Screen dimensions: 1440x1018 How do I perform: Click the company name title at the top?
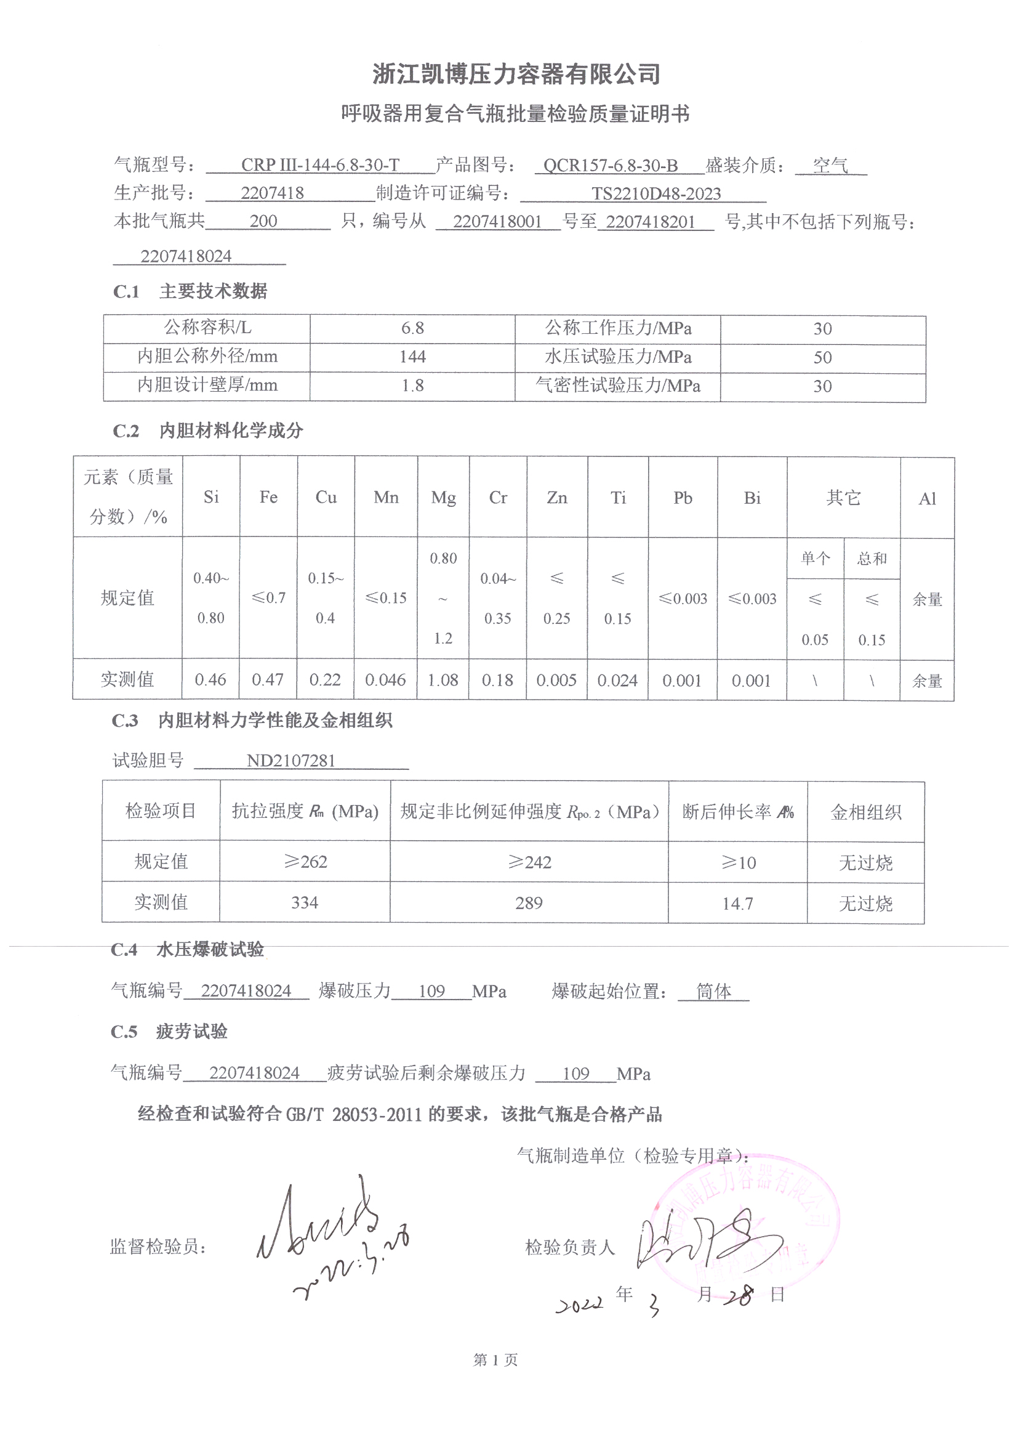(516, 74)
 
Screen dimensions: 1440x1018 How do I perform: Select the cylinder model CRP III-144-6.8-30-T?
(319, 165)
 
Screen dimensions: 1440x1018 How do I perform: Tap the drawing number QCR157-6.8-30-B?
(610, 166)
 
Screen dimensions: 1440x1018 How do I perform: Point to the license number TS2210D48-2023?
(655, 194)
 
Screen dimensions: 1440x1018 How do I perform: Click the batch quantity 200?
(263, 221)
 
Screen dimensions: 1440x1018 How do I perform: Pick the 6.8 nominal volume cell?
(412, 328)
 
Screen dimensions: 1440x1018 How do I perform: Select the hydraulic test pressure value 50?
(822, 357)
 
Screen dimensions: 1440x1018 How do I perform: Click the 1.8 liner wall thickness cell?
(412, 386)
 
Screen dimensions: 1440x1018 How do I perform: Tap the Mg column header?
(443, 498)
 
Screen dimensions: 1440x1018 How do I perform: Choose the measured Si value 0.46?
(210, 680)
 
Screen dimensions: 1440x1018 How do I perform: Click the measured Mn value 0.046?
(385, 680)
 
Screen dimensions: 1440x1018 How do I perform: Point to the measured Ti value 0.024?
(617, 681)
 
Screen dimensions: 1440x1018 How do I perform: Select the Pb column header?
(683, 499)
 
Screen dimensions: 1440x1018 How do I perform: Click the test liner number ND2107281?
(291, 761)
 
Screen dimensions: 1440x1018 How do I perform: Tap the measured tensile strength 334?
(305, 902)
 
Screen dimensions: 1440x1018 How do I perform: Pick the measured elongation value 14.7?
(737, 904)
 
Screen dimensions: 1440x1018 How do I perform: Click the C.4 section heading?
(188, 950)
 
